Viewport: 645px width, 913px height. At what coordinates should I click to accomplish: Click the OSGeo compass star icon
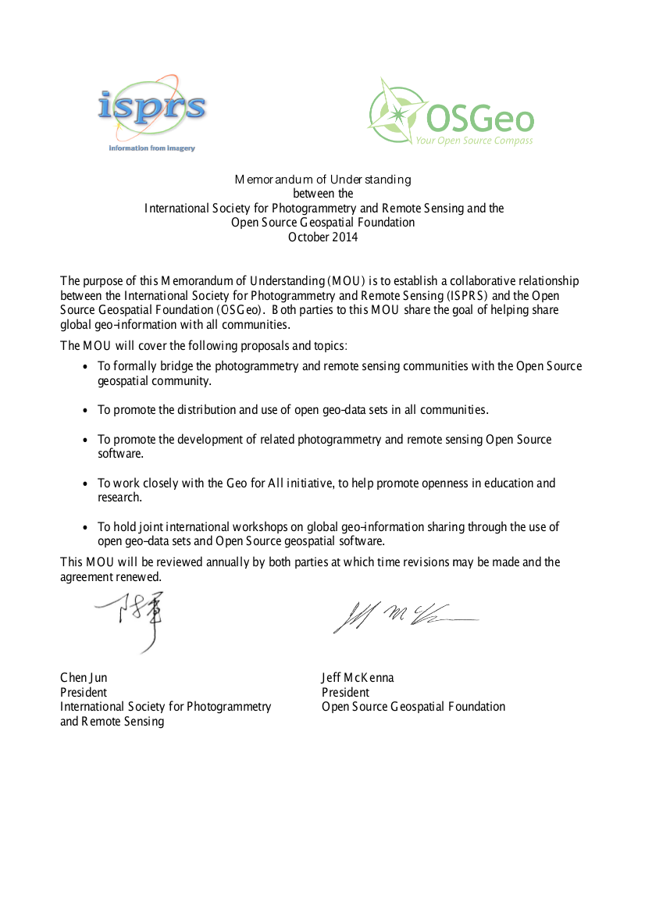coord(397,114)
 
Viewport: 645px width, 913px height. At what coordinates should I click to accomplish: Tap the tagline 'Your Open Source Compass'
coord(474,141)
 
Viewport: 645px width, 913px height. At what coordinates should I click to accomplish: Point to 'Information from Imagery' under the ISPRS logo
coord(151,148)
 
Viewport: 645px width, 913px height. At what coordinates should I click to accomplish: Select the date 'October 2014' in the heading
coord(322,237)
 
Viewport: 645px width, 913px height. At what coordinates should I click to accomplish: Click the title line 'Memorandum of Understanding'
coord(322,180)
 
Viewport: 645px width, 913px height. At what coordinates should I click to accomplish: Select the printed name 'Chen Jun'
coord(84,678)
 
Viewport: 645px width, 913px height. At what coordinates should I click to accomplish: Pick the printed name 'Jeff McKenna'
coord(358,678)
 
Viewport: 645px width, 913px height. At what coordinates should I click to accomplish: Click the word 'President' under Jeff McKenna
coord(345,693)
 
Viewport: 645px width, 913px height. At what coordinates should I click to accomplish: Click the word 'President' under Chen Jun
coord(84,693)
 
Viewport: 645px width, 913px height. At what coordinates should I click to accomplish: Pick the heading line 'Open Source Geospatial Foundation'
coord(322,223)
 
